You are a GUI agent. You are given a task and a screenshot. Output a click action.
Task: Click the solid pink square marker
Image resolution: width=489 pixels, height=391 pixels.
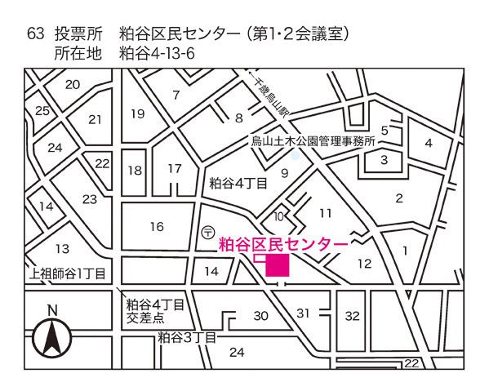click(x=277, y=265)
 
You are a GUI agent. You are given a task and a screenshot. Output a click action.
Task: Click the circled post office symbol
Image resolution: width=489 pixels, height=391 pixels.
click(x=208, y=233)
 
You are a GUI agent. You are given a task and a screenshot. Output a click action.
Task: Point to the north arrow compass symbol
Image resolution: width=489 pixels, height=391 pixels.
click(x=51, y=335)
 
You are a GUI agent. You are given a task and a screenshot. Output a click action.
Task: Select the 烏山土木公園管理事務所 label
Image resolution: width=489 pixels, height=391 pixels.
click(x=312, y=141)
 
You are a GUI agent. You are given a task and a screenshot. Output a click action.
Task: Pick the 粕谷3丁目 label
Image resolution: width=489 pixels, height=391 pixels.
click(x=187, y=336)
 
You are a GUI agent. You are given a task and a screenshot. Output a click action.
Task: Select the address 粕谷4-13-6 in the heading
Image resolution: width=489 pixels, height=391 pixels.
click(x=159, y=53)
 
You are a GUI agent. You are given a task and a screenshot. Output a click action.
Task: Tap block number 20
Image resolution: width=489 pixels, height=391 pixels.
click(x=73, y=84)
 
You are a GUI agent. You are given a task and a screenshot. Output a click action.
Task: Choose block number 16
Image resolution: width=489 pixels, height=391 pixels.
click(x=157, y=226)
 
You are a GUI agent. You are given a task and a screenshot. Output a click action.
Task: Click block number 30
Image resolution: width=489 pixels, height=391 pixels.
click(x=261, y=315)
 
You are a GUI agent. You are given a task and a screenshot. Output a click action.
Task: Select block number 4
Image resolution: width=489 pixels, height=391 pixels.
click(x=428, y=144)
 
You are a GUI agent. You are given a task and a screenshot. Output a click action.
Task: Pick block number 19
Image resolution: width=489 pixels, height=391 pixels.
click(x=137, y=113)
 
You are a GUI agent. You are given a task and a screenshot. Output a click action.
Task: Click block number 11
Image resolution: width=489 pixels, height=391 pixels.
click(x=326, y=213)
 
